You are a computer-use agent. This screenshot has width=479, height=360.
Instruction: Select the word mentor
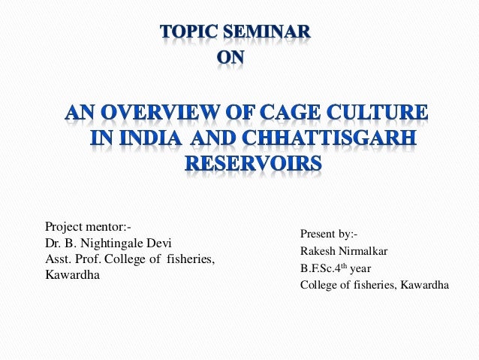pos(108,225)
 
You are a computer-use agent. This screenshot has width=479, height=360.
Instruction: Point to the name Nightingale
pos(110,243)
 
